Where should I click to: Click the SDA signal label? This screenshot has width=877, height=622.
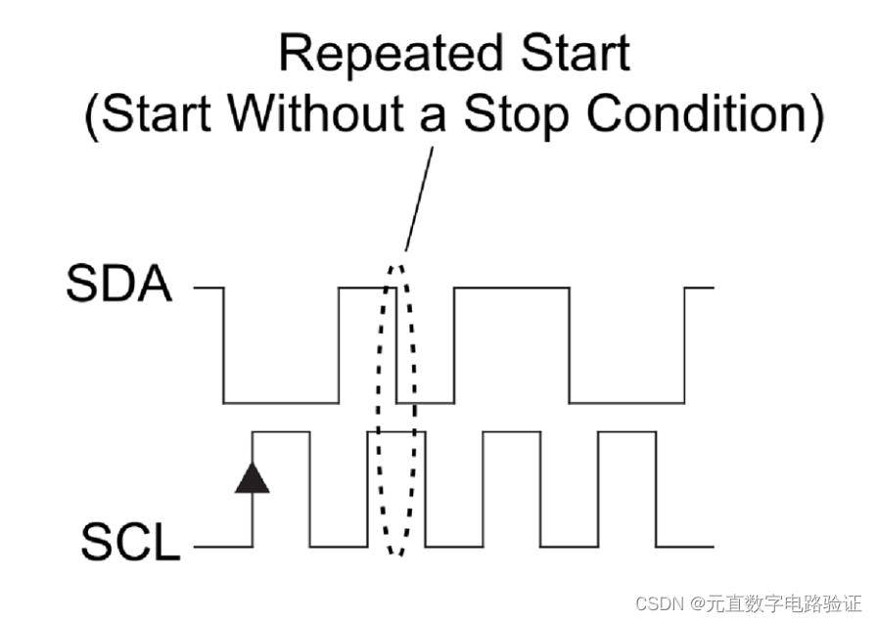tap(118, 287)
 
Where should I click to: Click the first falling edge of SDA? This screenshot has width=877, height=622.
tap(224, 344)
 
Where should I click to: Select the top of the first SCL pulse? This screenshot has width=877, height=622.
tap(281, 431)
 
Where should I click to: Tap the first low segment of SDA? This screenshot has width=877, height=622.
tap(281, 402)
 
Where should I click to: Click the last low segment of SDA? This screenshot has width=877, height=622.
tap(626, 402)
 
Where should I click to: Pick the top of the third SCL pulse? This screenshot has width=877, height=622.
tap(511, 431)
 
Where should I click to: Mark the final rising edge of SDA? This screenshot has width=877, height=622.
tap(684, 344)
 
